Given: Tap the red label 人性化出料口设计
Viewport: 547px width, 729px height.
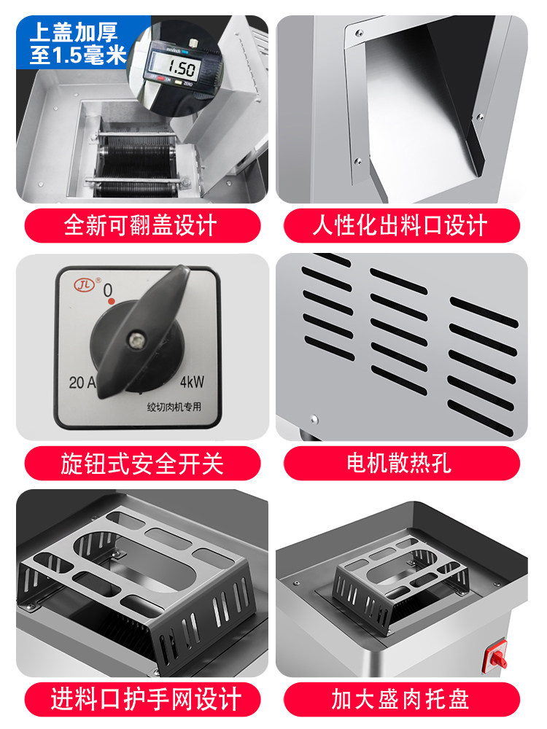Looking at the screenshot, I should [401, 225].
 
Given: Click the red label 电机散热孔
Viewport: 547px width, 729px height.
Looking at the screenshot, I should [401, 463].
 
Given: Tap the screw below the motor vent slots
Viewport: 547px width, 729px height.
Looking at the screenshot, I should [314, 420].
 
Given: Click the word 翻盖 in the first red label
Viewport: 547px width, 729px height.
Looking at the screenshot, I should [145, 225].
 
